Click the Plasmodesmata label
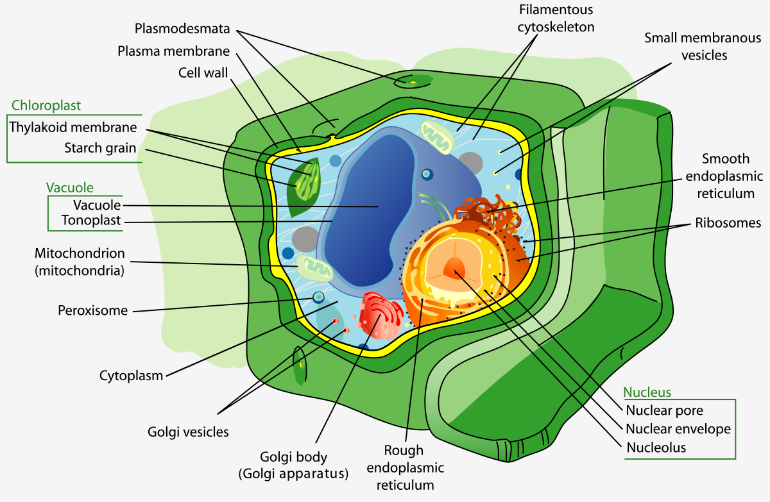pos(182,28)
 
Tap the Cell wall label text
pos(203,73)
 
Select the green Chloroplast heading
pos(46,105)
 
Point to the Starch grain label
pos(100,148)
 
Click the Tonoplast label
pos(91,220)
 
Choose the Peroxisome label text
pos(93,310)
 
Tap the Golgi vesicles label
pos(188,432)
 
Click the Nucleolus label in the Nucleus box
pos(656,448)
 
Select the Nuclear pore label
pos(664,410)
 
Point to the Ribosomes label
pos(728,223)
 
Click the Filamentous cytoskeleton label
pos(556,19)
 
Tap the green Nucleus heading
pos(647,392)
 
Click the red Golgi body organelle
pos(381,315)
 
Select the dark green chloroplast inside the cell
pos(304,187)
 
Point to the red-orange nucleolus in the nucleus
pos(455,267)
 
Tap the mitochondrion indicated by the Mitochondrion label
pos(314,268)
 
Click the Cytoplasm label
pos(131,376)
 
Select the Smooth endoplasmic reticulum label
pos(724,176)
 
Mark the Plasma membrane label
pos(174,51)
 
